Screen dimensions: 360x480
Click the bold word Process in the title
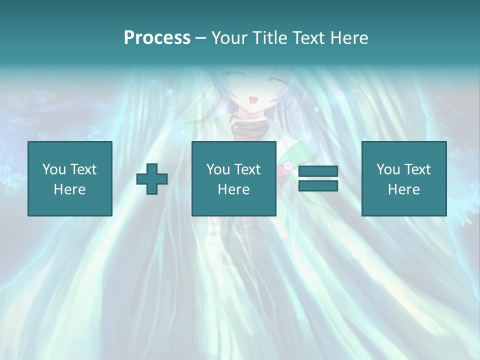(157, 38)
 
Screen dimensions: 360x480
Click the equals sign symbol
(318, 178)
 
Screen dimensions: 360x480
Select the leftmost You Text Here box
(69, 178)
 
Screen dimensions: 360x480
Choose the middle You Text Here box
(233, 178)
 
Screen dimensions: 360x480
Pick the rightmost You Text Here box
(403, 178)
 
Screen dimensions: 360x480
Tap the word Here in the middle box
(233, 189)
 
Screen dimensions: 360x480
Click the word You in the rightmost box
(388, 169)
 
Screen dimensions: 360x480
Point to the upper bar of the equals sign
(318, 171)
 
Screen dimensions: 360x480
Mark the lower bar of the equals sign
(318, 185)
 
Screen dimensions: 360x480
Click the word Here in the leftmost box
(69, 189)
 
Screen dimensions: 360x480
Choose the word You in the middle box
(218, 169)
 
